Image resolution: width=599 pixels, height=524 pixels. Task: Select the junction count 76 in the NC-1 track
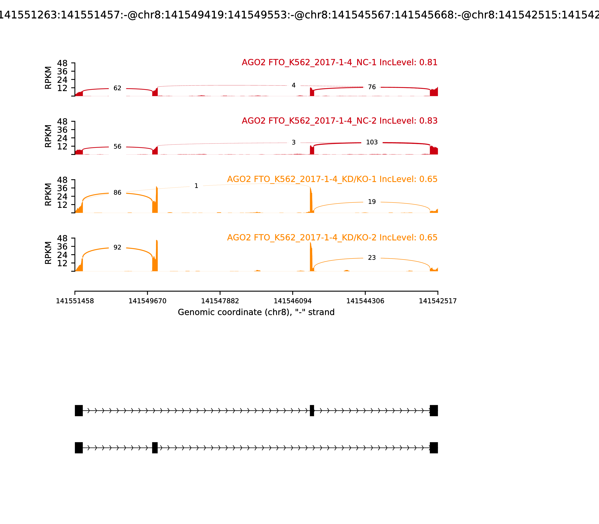point(372,87)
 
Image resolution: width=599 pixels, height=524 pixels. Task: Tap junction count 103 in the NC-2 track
point(372,142)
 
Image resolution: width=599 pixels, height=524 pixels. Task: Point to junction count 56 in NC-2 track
point(117,147)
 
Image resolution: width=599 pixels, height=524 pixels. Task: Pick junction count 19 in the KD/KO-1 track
point(372,202)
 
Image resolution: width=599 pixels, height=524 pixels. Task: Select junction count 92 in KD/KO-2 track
point(117,248)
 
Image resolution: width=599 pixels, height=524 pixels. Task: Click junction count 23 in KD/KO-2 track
point(372,258)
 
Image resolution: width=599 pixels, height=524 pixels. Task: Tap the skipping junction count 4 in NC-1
point(294,85)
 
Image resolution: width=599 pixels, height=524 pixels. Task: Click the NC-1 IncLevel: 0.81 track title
point(339,63)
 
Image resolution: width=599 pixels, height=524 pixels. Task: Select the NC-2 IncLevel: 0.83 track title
point(339,121)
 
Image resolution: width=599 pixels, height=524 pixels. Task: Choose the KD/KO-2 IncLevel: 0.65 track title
point(332,237)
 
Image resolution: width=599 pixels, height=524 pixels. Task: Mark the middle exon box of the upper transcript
point(312,411)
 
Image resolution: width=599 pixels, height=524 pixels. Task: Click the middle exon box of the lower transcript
point(155,448)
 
